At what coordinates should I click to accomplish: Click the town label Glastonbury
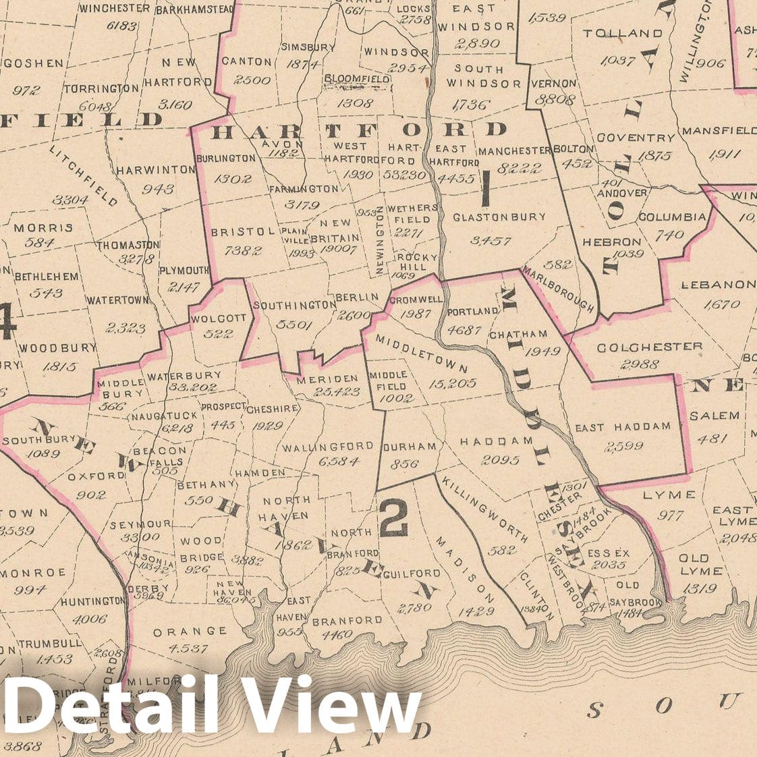pyautogui.click(x=490, y=217)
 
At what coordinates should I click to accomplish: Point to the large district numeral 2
pyautogui.click(x=393, y=519)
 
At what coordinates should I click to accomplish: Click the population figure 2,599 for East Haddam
pyautogui.click(x=624, y=446)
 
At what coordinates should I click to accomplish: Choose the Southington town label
pyautogui.click(x=294, y=305)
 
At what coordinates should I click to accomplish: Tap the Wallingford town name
pyautogui.click(x=328, y=447)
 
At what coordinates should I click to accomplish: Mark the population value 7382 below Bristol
pyautogui.click(x=234, y=250)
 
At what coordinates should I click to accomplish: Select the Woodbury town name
pyautogui.click(x=58, y=348)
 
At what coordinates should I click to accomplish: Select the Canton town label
pyautogui.click(x=246, y=61)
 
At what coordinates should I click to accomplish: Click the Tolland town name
pyautogui.click(x=623, y=33)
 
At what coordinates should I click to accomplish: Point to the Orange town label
pyautogui.click(x=190, y=632)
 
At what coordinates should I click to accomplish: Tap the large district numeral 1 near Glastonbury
pyautogui.click(x=484, y=188)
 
